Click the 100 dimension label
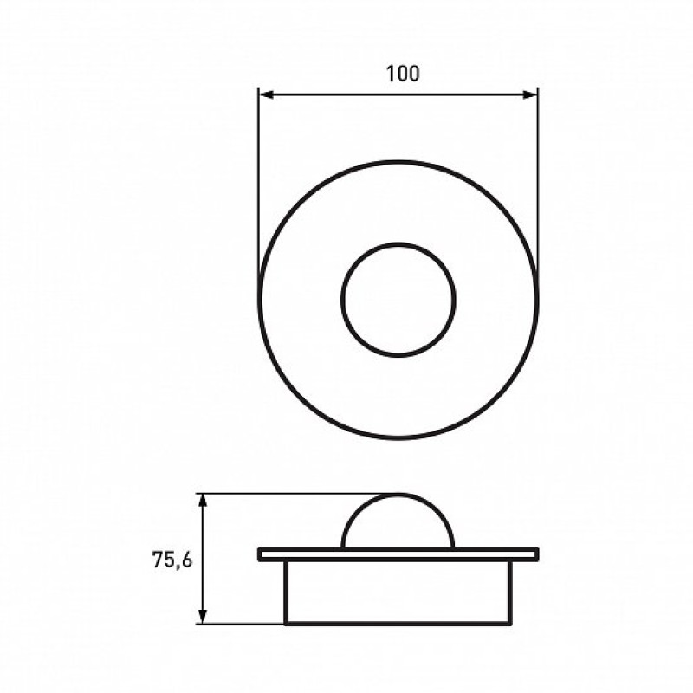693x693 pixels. pos(403,74)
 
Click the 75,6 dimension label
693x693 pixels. pos(172,560)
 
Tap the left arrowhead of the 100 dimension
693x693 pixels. pos(266,94)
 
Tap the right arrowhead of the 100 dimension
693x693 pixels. pos(529,94)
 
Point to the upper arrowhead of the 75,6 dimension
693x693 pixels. pos(203,502)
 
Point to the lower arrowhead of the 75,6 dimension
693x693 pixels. pos(203,616)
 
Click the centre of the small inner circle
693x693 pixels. pos(398,299)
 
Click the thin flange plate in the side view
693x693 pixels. pos(398,554)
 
